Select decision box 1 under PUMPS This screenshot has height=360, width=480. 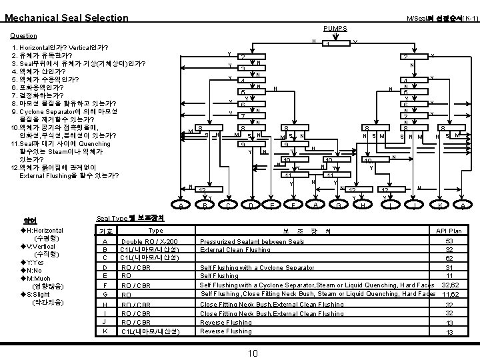(x=329, y=45)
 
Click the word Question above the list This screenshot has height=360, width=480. (x=24, y=36)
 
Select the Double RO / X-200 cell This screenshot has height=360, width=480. (x=149, y=241)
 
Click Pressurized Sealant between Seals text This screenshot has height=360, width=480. (x=249, y=241)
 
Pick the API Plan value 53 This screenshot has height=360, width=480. (x=449, y=241)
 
